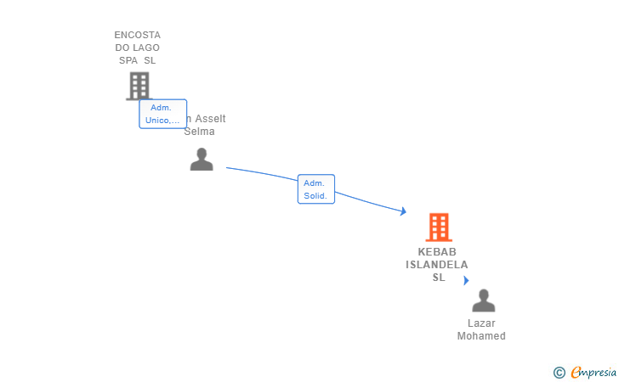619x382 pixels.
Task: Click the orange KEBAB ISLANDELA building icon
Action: (438, 227)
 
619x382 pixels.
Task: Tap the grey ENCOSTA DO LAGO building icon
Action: (139, 85)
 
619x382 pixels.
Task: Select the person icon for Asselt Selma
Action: (202, 159)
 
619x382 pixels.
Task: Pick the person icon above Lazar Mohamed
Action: (483, 301)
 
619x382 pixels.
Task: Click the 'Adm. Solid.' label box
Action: (315, 189)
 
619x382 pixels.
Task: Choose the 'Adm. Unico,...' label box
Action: (162, 114)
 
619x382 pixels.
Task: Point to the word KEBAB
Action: (437, 252)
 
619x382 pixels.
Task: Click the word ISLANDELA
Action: (437, 265)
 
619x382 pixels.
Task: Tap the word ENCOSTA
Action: (138, 35)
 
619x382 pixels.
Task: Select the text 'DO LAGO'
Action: (138, 48)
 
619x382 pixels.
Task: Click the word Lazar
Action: (481, 323)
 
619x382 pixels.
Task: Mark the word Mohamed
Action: (481, 336)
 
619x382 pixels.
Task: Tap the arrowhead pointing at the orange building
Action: (404, 211)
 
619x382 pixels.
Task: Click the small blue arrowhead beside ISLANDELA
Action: (466, 280)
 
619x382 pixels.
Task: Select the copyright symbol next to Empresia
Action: (559, 372)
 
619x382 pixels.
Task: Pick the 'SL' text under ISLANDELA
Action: (438, 278)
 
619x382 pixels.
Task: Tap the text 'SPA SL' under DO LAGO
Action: (138, 60)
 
